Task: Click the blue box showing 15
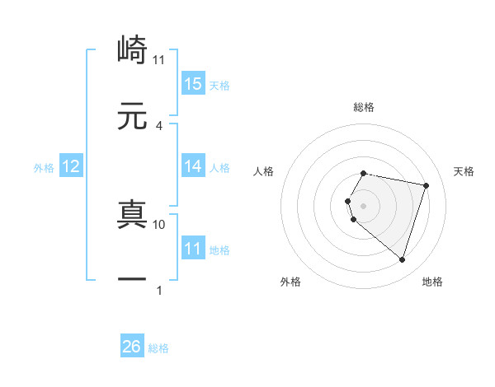point(193,83)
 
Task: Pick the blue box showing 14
point(193,166)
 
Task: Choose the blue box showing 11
point(193,248)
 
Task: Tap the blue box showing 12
point(71,166)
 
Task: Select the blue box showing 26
point(132,347)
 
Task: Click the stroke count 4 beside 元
point(159,125)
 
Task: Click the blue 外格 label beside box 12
point(44,167)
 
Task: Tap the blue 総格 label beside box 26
point(158,347)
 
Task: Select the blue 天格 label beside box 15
point(219,84)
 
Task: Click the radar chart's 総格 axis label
point(364,107)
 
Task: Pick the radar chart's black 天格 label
point(464,171)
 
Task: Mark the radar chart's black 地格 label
point(432,282)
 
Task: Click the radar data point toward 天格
point(426,185)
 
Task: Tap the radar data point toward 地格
point(402,259)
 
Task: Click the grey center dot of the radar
point(364,205)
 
